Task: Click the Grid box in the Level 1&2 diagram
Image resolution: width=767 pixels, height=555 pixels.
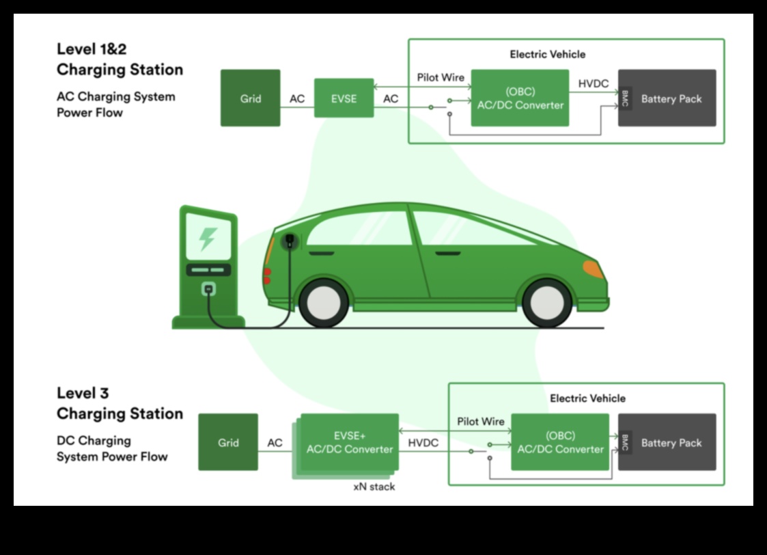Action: (250, 98)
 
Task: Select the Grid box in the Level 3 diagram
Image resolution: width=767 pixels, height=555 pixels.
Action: (228, 442)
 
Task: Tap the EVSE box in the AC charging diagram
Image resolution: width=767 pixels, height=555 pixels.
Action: (344, 98)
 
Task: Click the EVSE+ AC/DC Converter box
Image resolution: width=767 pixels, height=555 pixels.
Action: (350, 442)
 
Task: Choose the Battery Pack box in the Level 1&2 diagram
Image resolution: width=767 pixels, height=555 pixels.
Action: (671, 98)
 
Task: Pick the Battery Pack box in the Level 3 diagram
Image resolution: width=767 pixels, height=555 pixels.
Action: (671, 442)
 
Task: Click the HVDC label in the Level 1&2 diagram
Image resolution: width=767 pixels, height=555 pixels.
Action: (593, 83)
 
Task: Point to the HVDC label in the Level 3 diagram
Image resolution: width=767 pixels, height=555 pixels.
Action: (423, 443)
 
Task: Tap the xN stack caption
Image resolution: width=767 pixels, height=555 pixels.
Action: (374, 487)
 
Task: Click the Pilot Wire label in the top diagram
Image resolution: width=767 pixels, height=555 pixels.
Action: (441, 77)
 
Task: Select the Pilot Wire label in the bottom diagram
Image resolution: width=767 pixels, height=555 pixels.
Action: (481, 421)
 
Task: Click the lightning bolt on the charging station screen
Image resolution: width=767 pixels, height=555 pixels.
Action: (208, 238)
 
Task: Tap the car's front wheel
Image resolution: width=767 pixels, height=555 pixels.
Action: (546, 303)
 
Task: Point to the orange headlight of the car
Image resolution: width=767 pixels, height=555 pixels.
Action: (593, 269)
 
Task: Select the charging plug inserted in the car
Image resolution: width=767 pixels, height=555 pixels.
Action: (290, 241)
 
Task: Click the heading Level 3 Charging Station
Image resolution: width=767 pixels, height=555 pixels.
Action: (120, 403)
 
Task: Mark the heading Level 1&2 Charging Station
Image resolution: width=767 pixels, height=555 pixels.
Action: (120, 59)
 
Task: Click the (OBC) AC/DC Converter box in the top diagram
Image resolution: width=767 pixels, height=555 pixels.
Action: (520, 98)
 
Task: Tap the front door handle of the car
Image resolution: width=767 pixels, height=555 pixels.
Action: (447, 254)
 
